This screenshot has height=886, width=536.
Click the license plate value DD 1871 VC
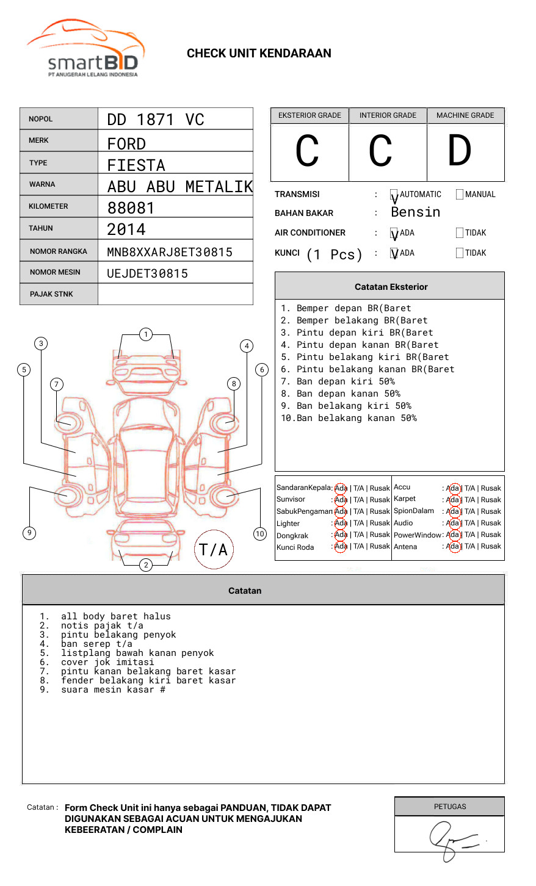tap(156, 120)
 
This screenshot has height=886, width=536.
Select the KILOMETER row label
tap(48, 206)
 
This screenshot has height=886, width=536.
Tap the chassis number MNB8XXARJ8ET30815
tap(170, 252)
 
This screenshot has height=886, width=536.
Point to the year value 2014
tap(126, 230)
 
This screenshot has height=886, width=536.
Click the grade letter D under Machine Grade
tap(459, 151)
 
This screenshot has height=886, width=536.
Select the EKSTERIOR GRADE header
tap(310, 115)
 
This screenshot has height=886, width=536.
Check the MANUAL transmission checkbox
tap(460, 195)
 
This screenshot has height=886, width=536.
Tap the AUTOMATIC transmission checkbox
tap(394, 195)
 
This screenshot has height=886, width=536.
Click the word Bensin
tap(415, 212)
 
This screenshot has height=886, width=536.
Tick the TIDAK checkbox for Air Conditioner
tap(460, 233)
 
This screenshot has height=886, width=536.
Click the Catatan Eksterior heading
tap(391, 287)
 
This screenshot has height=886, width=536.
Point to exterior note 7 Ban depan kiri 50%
tap(346, 381)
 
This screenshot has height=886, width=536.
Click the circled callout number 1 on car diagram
tap(145, 334)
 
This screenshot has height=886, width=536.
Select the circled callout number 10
tap(260, 534)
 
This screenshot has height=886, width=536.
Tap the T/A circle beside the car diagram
tap(213, 550)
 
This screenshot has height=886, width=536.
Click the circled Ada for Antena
tap(453, 547)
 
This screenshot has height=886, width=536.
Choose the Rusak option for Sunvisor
tap(379, 500)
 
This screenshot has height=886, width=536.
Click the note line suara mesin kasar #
tap(113, 690)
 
